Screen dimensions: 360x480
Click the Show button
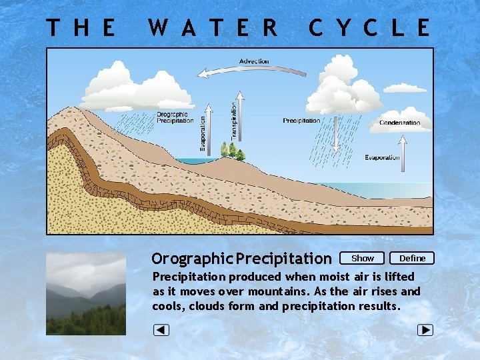pos(362,258)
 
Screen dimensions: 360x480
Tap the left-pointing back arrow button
pos(161,330)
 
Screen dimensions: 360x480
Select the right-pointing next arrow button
pos(425,330)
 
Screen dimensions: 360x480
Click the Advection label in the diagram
pos(254,61)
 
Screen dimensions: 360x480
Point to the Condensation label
pos(400,123)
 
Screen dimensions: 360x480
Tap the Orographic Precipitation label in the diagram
pos(175,117)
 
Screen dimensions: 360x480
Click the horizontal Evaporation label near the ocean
pos(382,157)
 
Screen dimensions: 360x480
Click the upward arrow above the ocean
pos(403,148)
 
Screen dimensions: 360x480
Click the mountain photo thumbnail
pos(86,293)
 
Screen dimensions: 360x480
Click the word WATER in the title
pos(213,28)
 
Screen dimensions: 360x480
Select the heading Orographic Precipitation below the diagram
pos(241,258)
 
